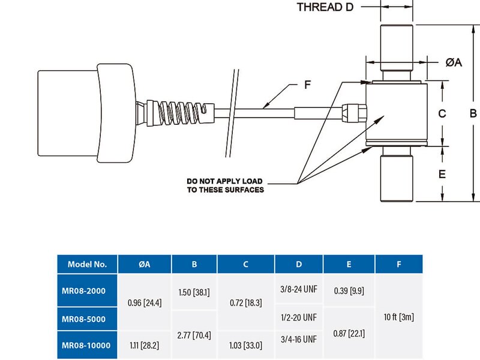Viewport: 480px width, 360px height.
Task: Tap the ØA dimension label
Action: [454, 62]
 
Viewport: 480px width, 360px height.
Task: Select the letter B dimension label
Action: [473, 113]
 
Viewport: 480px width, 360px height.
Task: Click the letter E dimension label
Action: [442, 174]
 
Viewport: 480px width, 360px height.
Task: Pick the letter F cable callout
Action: [307, 85]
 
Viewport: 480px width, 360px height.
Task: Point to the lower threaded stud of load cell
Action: [397, 177]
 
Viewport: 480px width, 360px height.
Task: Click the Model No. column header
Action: [87, 264]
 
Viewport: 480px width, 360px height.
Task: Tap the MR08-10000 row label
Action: [87, 347]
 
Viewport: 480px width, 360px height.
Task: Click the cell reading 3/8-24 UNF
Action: [299, 289]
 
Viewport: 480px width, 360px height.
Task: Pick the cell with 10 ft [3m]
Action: [398, 317]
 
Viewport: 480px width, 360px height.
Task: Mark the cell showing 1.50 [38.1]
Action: [194, 292]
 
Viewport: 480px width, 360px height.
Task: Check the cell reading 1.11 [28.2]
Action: [145, 347]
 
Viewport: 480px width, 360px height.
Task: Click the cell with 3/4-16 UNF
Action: [299, 340]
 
